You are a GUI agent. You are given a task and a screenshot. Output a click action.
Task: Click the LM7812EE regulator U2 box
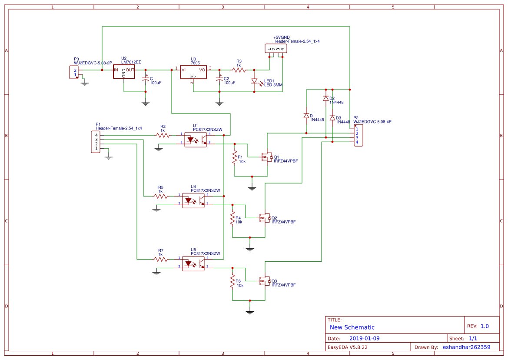coord(124,71)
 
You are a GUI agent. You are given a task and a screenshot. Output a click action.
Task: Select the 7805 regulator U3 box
coord(193,72)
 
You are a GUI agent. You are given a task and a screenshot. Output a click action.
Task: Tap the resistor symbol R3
coord(239,70)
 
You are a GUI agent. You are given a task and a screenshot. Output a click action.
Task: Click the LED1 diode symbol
coord(255,81)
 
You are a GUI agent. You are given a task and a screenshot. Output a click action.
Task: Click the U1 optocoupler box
coord(196,140)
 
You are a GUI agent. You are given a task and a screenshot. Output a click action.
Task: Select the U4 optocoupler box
coord(193,200)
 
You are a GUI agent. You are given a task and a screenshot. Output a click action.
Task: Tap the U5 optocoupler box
coord(193,264)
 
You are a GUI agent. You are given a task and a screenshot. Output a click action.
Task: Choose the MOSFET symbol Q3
coord(265,281)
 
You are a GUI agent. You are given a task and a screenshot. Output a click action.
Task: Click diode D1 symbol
coord(306,116)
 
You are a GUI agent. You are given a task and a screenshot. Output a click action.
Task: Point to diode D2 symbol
coord(326,98)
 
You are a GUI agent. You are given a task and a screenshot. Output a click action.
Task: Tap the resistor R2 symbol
coord(163,135)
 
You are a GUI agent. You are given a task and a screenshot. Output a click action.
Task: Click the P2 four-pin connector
coord(359,136)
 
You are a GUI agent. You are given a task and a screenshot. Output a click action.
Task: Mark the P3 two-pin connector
coord(74,72)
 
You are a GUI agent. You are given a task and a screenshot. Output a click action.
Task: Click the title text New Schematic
coord(352,327)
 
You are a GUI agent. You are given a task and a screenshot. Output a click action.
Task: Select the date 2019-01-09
coord(365,338)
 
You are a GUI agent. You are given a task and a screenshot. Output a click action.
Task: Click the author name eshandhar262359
coord(467,347)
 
